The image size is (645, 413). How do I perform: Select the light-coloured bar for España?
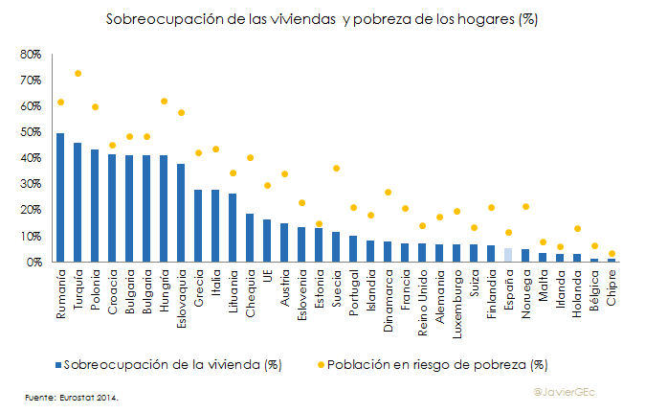click(x=508, y=254)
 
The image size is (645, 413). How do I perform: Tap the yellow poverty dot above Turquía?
click(x=78, y=73)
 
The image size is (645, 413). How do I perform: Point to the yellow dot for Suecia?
click(x=336, y=169)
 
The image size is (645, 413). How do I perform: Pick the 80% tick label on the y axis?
click(x=30, y=55)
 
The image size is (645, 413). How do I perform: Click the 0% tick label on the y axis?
click(x=33, y=262)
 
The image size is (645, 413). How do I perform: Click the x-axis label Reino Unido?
click(x=422, y=298)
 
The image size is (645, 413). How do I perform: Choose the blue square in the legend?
click(x=58, y=364)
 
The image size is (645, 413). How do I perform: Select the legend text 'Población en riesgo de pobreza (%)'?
click(x=436, y=364)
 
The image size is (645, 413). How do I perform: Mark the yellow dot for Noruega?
click(x=525, y=206)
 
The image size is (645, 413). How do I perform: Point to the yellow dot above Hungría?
click(x=164, y=102)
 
